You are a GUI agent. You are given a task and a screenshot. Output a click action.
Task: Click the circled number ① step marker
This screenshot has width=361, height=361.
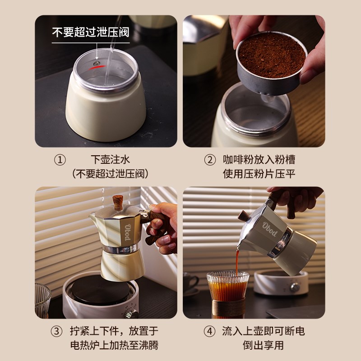[x=60, y=160]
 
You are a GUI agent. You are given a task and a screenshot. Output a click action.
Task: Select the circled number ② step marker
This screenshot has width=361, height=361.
[x=210, y=160]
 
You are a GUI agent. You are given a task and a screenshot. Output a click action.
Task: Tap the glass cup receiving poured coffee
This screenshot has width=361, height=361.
[x=227, y=293]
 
